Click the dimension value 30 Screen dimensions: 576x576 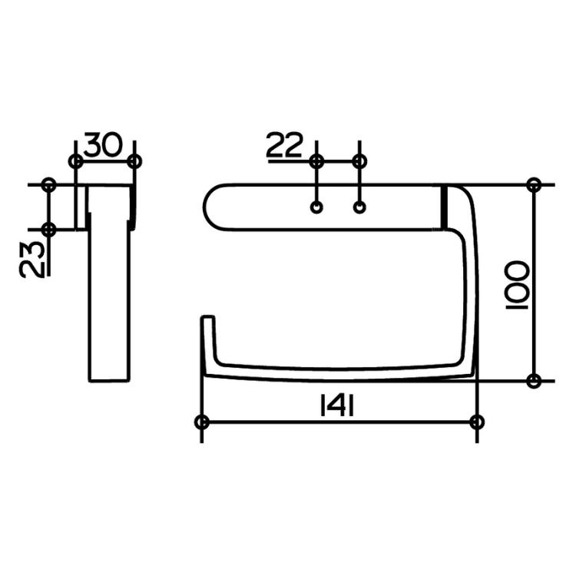[104, 144]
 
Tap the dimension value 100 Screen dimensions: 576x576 [516, 283]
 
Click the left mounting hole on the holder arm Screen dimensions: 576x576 [316, 207]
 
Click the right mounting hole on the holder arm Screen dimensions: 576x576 [359, 207]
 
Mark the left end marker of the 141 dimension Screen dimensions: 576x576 [202, 422]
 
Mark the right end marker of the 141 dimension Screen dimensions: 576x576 [477, 422]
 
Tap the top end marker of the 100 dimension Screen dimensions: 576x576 [535, 185]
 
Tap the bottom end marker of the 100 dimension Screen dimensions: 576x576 [535, 380]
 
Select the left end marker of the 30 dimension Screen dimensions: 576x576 [75, 161]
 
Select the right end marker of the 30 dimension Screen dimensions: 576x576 [134, 161]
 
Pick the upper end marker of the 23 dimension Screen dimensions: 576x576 [49, 185]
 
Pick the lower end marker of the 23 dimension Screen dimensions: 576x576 [49, 229]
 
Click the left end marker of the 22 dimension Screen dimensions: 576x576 [316, 161]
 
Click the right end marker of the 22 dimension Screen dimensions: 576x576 [359, 161]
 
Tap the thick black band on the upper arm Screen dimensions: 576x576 [444, 207]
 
